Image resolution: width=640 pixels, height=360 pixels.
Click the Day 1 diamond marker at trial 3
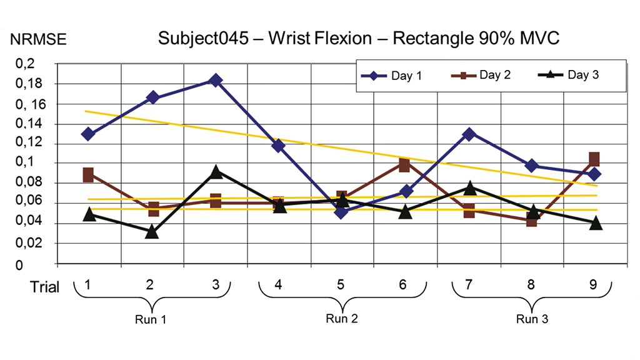(216, 80)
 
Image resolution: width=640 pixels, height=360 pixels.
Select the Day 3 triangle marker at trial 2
(152, 232)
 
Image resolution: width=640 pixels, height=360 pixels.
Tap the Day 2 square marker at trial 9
(594, 159)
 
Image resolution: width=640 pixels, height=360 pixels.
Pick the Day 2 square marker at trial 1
(88, 175)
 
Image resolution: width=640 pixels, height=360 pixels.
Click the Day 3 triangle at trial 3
(216, 171)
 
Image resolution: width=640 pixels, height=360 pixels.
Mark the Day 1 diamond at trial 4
(278, 146)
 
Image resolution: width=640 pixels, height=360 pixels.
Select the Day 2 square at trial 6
(404, 165)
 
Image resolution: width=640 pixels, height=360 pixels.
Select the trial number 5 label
(341, 285)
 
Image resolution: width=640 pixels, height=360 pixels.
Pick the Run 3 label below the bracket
(532, 319)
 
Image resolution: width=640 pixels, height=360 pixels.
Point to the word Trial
(46, 287)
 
